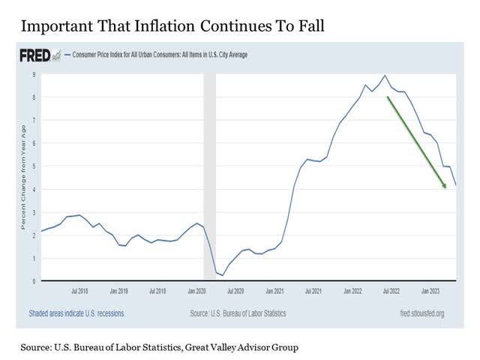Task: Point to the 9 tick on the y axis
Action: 34,75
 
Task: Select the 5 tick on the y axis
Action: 34,166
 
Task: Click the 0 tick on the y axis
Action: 34,281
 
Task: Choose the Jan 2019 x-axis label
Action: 119,289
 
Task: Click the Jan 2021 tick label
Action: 274,289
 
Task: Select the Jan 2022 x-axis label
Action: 353,289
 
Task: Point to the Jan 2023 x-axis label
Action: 430,289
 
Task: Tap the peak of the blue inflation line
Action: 385,75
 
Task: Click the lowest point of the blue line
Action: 222,275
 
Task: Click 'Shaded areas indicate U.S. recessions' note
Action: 76,313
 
